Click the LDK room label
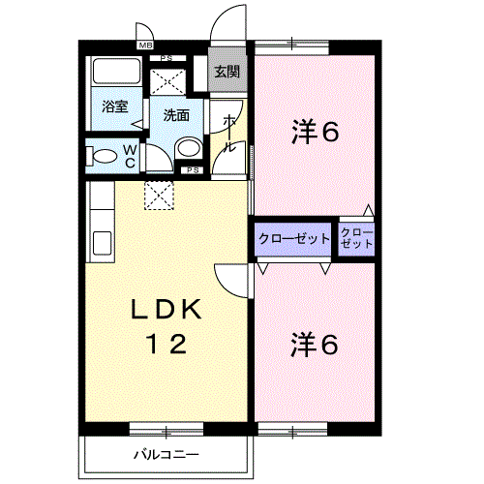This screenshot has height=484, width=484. pyautogui.click(x=166, y=310)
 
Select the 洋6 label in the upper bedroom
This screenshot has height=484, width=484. pyautogui.click(x=315, y=133)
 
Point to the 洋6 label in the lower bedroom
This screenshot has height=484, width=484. pyautogui.click(x=315, y=344)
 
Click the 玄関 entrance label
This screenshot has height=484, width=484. pyautogui.click(x=227, y=72)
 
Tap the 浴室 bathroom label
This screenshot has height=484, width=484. pyautogui.click(x=116, y=106)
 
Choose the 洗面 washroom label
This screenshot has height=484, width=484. pyautogui.click(x=176, y=114)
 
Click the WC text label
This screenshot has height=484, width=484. pyautogui.click(x=129, y=156)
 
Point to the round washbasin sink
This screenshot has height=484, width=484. pyautogui.click(x=189, y=148)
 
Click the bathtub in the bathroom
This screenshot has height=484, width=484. pyautogui.click(x=116, y=74)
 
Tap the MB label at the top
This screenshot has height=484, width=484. pyautogui.click(x=146, y=45)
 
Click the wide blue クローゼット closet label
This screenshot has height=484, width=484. pyautogui.click(x=294, y=239)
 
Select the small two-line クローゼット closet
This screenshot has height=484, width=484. pyautogui.click(x=355, y=239)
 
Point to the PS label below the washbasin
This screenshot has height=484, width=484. pyautogui.click(x=192, y=170)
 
